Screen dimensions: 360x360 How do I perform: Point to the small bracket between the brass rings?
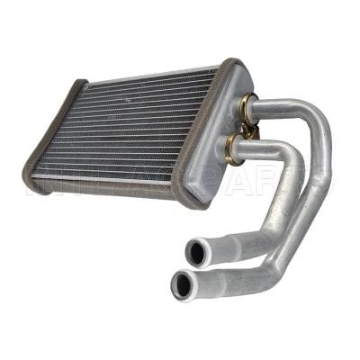pos(253,127)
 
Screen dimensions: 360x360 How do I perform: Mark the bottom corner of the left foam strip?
pos(33,189)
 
